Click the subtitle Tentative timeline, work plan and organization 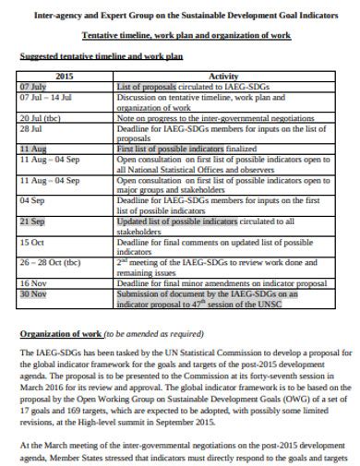[x=186, y=35]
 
